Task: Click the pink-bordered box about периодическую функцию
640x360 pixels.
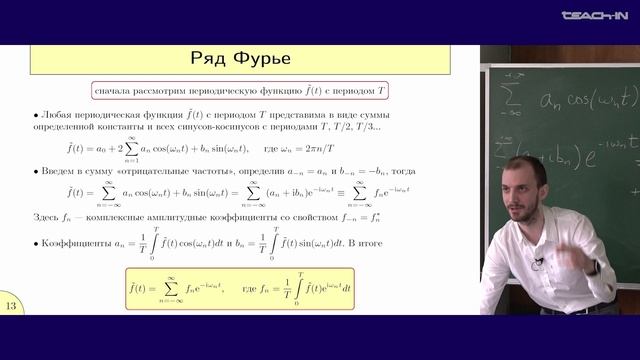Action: pos(240,91)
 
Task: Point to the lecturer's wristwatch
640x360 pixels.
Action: pos(594,267)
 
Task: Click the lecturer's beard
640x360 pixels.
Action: pos(528,196)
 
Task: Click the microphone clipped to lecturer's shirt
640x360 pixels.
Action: pos(538,262)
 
